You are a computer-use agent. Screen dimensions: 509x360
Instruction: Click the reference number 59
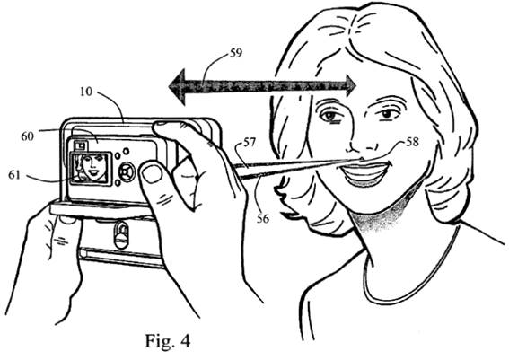[x=236, y=53]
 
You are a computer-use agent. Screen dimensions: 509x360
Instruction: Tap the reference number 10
[x=86, y=92]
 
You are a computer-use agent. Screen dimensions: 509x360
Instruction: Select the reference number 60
[x=27, y=136]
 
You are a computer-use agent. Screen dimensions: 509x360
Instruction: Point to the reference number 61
[x=14, y=175]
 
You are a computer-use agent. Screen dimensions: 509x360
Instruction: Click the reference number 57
[x=250, y=143]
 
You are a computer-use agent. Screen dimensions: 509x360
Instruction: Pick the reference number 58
[x=412, y=142]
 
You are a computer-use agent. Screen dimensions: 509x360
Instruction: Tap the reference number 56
[x=263, y=219]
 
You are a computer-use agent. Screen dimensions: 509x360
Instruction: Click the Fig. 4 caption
[x=167, y=341]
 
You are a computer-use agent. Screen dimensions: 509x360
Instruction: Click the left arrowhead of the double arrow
[x=177, y=87]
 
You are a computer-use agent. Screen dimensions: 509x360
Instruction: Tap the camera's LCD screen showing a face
[x=91, y=168]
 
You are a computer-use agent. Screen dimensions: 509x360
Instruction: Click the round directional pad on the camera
[x=127, y=171]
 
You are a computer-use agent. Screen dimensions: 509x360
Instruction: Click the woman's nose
[x=360, y=143]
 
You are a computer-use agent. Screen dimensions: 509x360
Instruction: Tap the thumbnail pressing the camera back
[x=153, y=173]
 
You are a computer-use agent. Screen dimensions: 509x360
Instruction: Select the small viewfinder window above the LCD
[x=80, y=145]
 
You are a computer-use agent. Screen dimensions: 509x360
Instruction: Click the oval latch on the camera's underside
[x=121, y=234]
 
